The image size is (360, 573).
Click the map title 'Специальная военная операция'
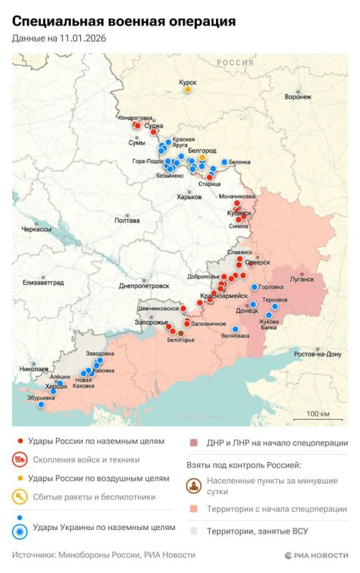(x=123, y=21)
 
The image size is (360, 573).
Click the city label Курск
(x=188, y=82)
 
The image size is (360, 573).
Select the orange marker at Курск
(x=188, y=90)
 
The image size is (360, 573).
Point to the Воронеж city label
(x=298, y=97)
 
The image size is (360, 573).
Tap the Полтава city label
(x=127, y=221)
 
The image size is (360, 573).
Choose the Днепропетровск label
(x=144, y=285)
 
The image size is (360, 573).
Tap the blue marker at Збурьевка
(x=42, y=405)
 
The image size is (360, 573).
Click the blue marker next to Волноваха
(x=235, y=329)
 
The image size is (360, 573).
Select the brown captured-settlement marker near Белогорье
(x=180, y=332)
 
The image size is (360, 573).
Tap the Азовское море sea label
(x=200, y=417)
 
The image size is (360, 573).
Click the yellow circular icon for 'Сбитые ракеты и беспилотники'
(x=21, y=496)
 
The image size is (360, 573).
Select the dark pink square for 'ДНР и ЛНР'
(x=193, y=443)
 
